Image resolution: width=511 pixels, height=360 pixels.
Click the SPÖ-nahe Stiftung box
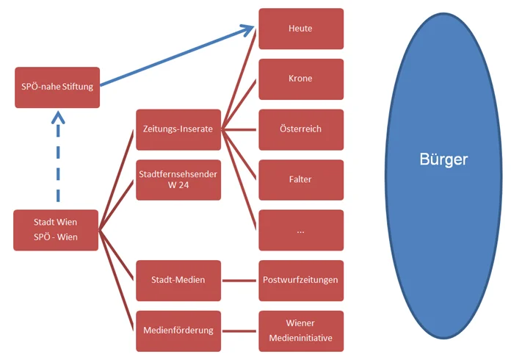point(57,87)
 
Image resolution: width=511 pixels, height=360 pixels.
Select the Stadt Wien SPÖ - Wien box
point(56,229)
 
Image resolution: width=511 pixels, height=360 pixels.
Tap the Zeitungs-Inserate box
point(178,129)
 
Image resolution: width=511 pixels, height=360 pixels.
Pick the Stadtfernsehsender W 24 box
point(178,179)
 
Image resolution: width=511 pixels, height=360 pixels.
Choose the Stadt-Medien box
point(178,280)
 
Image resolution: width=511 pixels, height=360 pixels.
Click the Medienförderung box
point(178,330)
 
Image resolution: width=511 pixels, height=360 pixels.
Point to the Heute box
point(301,29)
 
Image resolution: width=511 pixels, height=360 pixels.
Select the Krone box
point(301,79)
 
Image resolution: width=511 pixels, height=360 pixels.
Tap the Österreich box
point(301,129)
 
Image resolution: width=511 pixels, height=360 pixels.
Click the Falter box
point(301,179)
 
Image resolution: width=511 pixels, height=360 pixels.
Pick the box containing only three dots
point(301,230)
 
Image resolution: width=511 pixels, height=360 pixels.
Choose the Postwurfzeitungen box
point(301,280)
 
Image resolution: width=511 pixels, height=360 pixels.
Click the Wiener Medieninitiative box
point(301,331)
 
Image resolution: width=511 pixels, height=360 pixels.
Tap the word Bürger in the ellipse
point(443,159)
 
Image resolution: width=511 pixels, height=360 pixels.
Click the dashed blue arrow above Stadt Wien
point(57,158)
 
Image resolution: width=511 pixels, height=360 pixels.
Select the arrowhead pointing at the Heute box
point(247,30)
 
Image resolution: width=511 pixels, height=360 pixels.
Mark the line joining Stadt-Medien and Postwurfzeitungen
point(240,280)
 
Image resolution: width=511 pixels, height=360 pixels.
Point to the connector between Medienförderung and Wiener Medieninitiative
point(240,330)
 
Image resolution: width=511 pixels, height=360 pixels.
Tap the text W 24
point(178,185)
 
